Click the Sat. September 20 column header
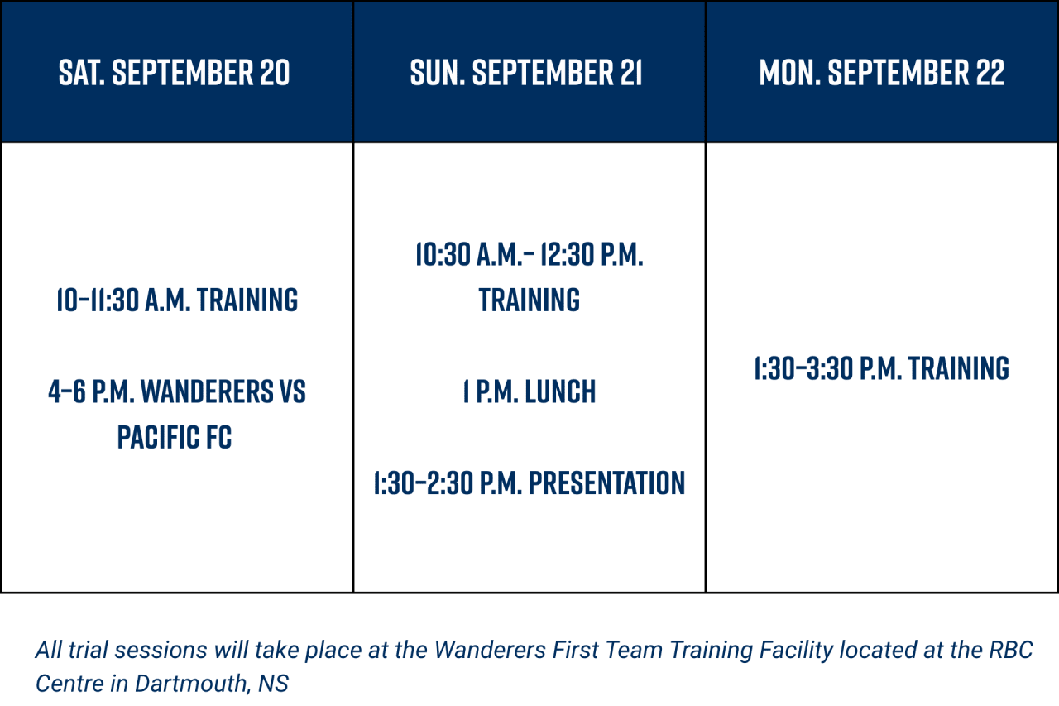174,73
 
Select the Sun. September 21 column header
525,73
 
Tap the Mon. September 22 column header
882,73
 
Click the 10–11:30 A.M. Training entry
177,300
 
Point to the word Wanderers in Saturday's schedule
207,391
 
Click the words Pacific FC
175,437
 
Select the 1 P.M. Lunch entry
529,391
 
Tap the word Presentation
606,483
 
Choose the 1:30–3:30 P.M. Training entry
882,368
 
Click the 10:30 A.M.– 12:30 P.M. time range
529,254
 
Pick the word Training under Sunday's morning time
529,300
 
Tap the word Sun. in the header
438,73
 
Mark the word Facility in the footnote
796,651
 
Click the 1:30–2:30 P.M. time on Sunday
448,483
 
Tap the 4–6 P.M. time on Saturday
92,391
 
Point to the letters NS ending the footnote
273,684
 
